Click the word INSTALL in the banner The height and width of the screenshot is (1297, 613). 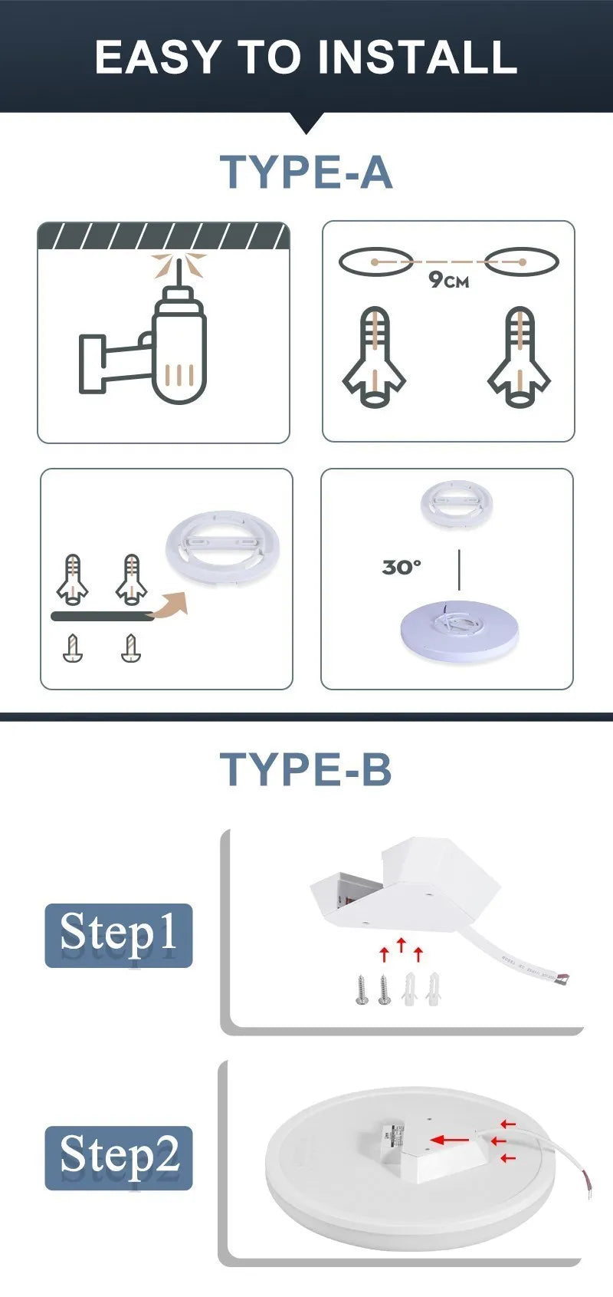pyautogui.click(x=417, y=57)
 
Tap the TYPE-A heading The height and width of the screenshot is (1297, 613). pyautogui.click(x=306, y=172)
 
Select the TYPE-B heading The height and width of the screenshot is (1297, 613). pyautogui.click(x=306, y=769)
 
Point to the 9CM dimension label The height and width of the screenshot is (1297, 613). pyautogui.click(x=448, y=280)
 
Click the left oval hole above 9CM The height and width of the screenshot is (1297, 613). pyautogui.click(x=375, y=262)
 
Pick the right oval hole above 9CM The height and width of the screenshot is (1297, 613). pyautogui.click(x=522, y=262)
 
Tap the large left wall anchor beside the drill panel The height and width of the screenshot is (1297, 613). pyautogui.click(x=375, y=357)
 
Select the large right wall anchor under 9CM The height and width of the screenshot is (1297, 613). pyautogui.click(x=520, y=357)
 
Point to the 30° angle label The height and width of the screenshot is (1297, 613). pyautogui.click(x=402, y=567)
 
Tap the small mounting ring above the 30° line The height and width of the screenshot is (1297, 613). pyautogui.click(x=456, y=505)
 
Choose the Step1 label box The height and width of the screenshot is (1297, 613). pyautogui.click(x=119, y=935)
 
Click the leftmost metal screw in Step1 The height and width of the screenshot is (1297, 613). pyautogui.click(x=362, y=989)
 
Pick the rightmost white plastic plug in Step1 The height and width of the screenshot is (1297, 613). pyautogui.click(x=433, y=989)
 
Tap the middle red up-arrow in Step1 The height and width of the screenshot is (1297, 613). pyautogui.click(x=402, y=945)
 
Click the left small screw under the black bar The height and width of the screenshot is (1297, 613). pyautogui.click(x=72, y=647)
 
